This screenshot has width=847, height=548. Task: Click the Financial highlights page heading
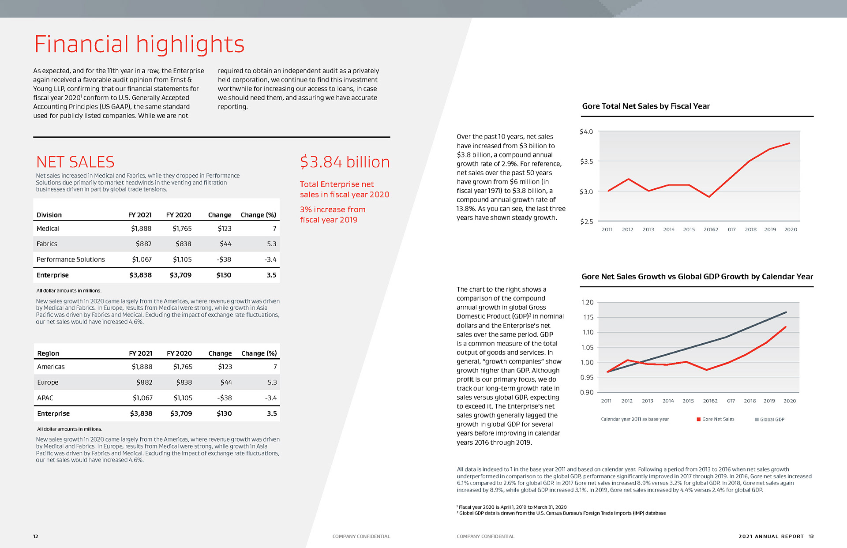(x=139, y=44)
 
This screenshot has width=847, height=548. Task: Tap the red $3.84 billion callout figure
(x=345, y=162)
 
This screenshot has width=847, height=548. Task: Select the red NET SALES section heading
(x=75, y=162)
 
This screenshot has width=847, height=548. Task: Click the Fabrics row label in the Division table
(x=47, y=244)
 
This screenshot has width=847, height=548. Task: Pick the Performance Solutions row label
(x=71, y=259)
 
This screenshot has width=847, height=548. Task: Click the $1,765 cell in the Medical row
(x=182, y=229)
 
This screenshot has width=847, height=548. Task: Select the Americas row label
(x=51, y=367)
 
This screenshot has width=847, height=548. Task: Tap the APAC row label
(x=45, y=398)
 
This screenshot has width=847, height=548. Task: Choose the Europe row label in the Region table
(x=48, y=383)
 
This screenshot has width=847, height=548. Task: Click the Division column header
(x=49, y=215)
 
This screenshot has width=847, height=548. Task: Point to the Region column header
(x=48, y=353)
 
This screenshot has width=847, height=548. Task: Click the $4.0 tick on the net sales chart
(x=586, y=131)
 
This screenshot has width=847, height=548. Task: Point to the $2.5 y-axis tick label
(x=587, y=221)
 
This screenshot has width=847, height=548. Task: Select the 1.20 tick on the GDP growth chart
(x=587, y=302)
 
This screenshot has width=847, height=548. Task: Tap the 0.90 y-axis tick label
(x=587, y=392)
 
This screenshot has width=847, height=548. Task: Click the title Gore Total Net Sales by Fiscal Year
(x=646, y=106)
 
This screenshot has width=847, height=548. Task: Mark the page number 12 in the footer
(x=36, y=537)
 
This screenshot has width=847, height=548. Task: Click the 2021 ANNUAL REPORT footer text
(x=771, y=537)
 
